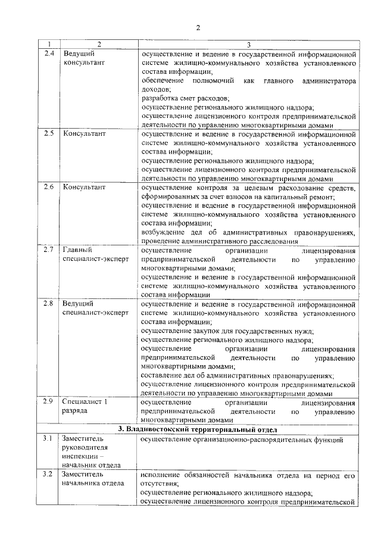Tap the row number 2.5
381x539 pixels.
pyautogui.click(x=50, y=133)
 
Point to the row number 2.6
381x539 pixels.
pyautogui.click(x=50, y=187)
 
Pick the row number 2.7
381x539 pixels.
pyautogui.click(x=50, y=250)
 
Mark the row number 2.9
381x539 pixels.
pyautogui.click(x=50, y=401)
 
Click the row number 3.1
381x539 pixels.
pyautogui.click(x=49, y=440)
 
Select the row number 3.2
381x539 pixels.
pyautogui.click(x=49, y=474)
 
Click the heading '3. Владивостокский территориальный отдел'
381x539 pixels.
pyautogui.click(x=200, y=429)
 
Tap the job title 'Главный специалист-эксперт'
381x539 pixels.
pyautogui.click(x=95, y=255)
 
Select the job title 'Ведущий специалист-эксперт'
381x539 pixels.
pyautogui.click(x=95, y=309)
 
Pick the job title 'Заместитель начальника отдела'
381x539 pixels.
pyautogui.click(x=92, y=479)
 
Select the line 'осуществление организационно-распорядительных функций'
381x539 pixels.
pyautogui.click(x=242, y=440)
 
